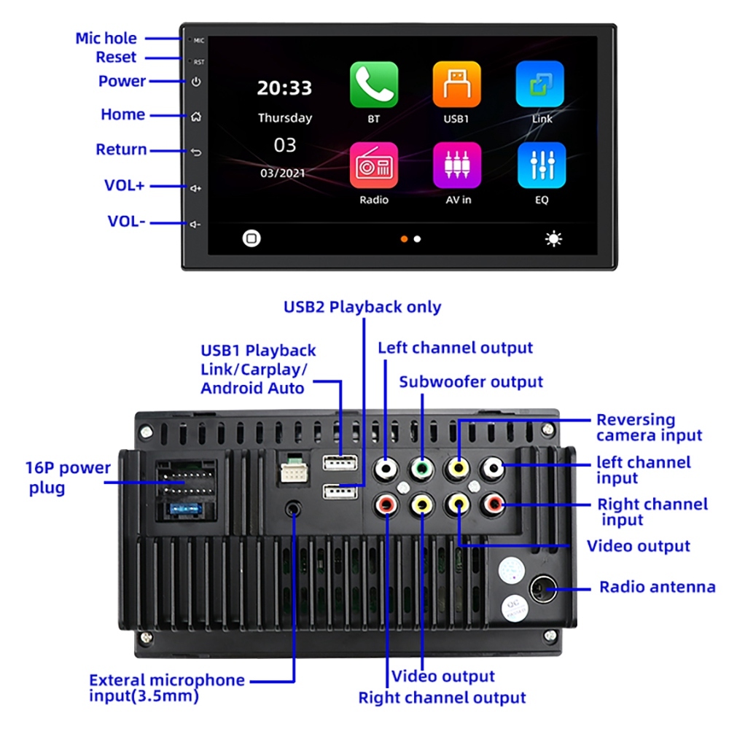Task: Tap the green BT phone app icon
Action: coord(374,85)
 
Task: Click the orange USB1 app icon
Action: coord(457,85)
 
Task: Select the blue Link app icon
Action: coord(540,85)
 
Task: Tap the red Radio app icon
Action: coord(374,165)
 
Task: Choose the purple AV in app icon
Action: coord(457,165)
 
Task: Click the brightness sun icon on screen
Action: coord(554,239)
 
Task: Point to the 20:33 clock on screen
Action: coord(284,88)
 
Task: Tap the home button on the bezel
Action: coord(195,117)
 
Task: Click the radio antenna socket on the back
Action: coord(544,588)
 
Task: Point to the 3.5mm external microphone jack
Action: coord(294,508)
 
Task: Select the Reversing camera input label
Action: coord(648,428)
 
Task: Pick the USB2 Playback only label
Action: coord(362,307)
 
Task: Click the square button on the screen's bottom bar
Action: coord(252,238)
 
